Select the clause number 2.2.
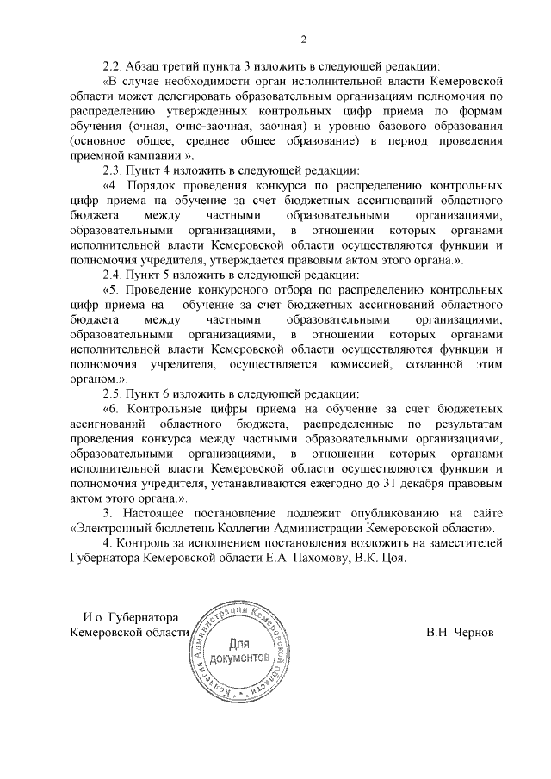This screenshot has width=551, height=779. point(114,65)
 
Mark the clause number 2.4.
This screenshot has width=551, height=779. point(114,274)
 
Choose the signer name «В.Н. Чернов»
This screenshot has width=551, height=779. point(460,632)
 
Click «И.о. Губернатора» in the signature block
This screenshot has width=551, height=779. point(130,617)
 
